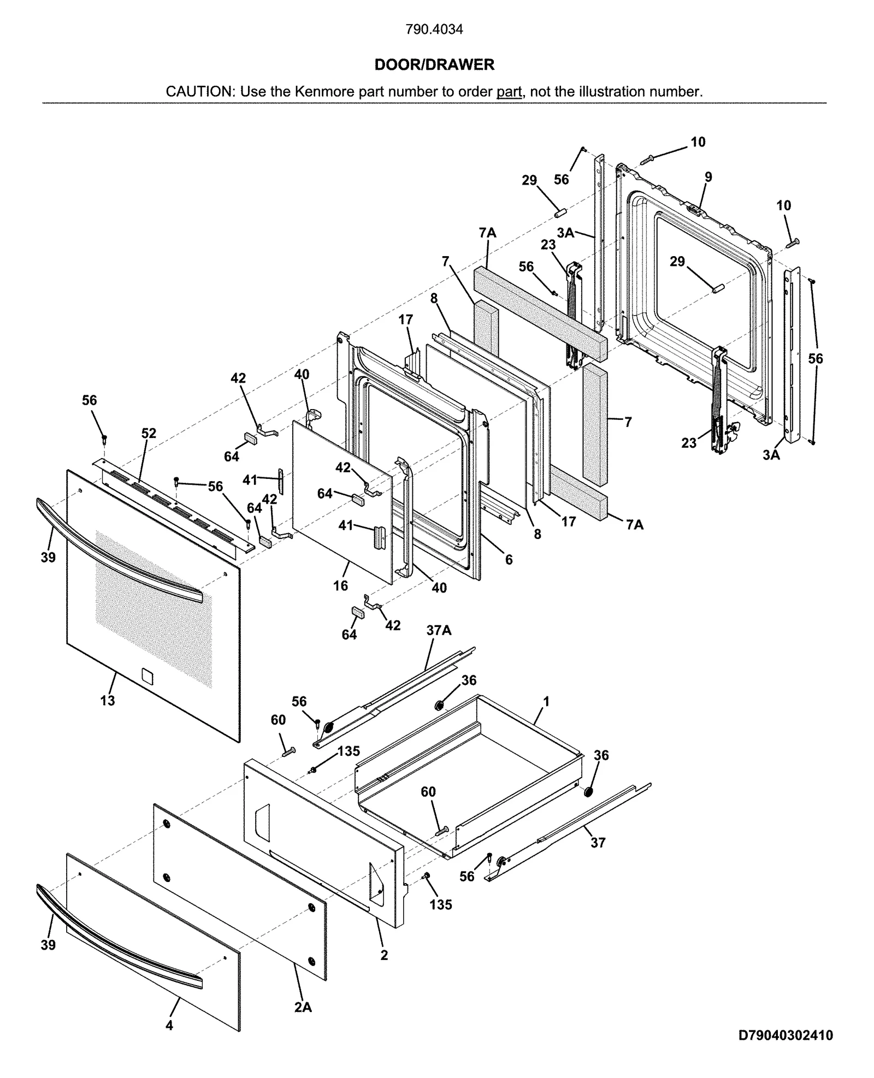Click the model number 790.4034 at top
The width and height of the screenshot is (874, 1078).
(434, 29)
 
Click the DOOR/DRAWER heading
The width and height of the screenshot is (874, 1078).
(434, 64)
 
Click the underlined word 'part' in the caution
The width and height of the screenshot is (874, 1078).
(509, 92)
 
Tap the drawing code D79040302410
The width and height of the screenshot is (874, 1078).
(785, 1035)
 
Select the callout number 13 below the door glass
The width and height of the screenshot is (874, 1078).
(108, 700)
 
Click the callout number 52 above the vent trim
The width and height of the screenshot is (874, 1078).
(149, 433)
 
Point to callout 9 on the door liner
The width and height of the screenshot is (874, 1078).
(708, 177)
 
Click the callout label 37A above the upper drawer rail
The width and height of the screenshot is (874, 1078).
(439, 631)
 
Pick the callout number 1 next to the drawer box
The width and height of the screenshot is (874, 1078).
(546, 701)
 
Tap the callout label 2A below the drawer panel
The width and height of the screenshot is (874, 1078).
(303, 1007)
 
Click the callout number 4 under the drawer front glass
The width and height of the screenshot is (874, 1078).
(169, 1026)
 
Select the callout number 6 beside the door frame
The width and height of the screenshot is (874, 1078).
(509, 559)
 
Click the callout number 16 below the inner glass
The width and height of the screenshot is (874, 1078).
(340, 585)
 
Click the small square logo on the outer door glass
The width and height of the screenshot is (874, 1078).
(147, 676)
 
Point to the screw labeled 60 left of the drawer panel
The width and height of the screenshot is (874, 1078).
(288, 753)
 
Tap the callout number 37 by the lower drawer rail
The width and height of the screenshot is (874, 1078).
(598, 843)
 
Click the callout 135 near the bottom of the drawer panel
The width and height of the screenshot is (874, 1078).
(440, 905)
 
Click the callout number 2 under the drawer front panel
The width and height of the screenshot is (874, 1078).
(384, 955)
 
